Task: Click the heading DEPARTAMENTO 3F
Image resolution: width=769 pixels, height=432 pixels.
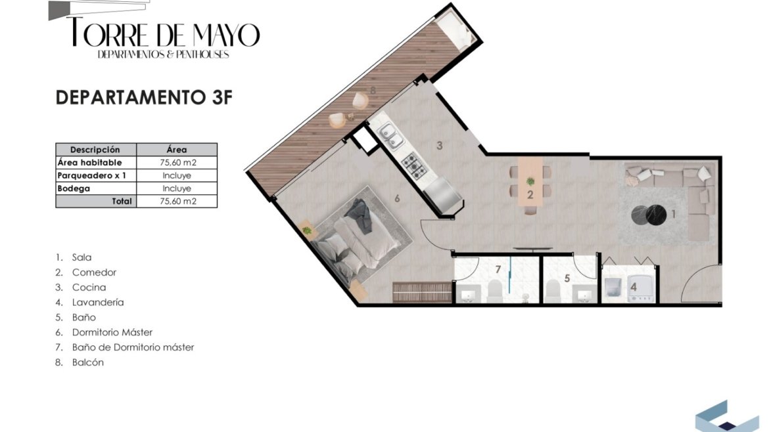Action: pyautogui.click(x=144, y=97)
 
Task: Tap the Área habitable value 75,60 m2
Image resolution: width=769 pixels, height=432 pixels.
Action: pyautogui.click(x=177, y=163)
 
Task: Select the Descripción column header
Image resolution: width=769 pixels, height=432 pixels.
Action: pyautogui.click(x=95, y=150)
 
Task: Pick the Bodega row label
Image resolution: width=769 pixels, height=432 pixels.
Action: pyautogui.click(x=74, y=188)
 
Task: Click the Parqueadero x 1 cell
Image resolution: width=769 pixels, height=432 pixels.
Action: pyautogui.click(x=92, y=175)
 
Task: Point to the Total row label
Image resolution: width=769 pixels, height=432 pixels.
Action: pyautogui.click(x=122, y=201)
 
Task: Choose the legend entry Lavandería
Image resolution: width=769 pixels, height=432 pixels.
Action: pyautogui.click(x=97, y=302)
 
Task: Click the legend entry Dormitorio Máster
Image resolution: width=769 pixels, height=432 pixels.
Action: pyautogui.click(x=112, y=332)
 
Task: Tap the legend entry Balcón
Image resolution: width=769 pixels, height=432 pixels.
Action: pyautogui.click(x=88, y=362)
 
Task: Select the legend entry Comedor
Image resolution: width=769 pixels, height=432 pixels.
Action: pyautogui.click(x=94, y=272)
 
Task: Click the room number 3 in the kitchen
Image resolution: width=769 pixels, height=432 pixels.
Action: pyautogui.click(x=440, y=146)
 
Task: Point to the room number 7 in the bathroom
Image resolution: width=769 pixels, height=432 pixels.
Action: pyautogui.click(x=498, y=269)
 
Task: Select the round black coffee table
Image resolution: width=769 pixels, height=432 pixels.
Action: pyautogui.click(x=648, y=215)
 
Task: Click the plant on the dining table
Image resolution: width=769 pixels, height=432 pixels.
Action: pyautogui.click(x=530, y=182)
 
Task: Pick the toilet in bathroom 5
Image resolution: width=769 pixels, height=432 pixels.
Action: pyautogui.click(x=553, y=292)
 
